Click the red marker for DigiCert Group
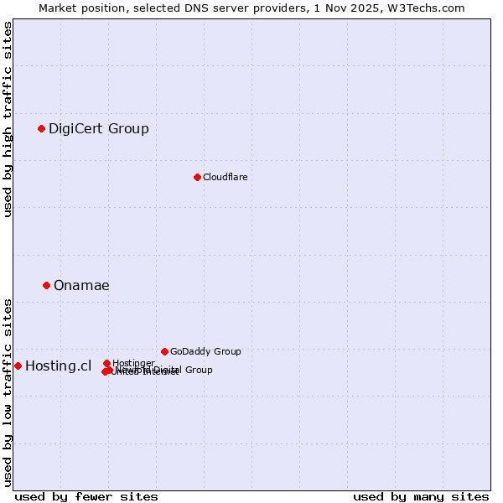(x=41, y=128)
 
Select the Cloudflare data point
(x=197, y=177)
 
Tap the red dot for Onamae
(x=46, y=285)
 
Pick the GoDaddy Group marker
(x=164, y=351)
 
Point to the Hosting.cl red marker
(x=18, y=366)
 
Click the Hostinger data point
(x=106, y=363)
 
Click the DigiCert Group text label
(x=99, y=128)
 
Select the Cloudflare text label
(x=226, y=177)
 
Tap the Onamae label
(x=81, y=285)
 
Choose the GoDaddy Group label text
(x=205, y=351)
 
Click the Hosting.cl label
(x=58, y=366)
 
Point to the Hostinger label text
(x=133, y=363)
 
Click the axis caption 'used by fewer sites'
(x=86, y=496)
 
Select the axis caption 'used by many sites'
(x=421, y=496)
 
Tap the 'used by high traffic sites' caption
(x=8, y=119)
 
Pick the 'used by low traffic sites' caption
(x=8, y=392)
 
